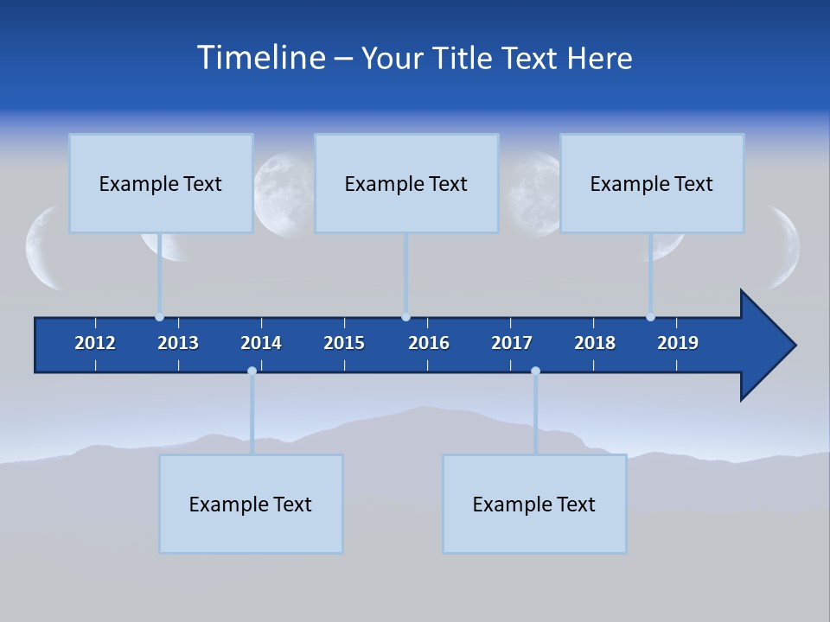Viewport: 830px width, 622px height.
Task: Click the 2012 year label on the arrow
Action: coord(95,343)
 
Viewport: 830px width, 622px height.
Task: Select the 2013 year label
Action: coord(178,343)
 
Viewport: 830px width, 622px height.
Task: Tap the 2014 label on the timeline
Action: coord(261,343)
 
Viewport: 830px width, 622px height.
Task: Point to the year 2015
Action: coord(344,343)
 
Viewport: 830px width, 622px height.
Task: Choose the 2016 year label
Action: coord(429,343)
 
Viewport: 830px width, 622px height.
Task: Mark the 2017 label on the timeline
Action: coord(512,343)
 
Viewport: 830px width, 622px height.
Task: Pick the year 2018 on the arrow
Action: coord(595,343)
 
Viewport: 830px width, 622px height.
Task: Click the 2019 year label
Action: coord(678,343)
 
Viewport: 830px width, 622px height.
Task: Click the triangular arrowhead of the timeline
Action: coord(766,346)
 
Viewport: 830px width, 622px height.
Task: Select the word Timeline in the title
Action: coord(261,58)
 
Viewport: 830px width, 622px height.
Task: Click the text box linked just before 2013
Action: coord(161,184)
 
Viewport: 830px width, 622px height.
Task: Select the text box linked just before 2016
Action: coord(406,184)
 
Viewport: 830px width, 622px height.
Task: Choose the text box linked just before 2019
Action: coord(652,184)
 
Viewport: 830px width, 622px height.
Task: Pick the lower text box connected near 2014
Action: coord(251,505)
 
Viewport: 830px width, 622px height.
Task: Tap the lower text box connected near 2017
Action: coord(534,505)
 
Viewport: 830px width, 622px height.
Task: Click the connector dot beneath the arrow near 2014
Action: coord(252,371)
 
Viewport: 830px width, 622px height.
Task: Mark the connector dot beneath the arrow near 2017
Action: coord(535,371)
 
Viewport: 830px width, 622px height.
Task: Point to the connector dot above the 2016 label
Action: coord(405,317)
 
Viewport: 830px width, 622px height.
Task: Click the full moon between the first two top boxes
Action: coord(284,194)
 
